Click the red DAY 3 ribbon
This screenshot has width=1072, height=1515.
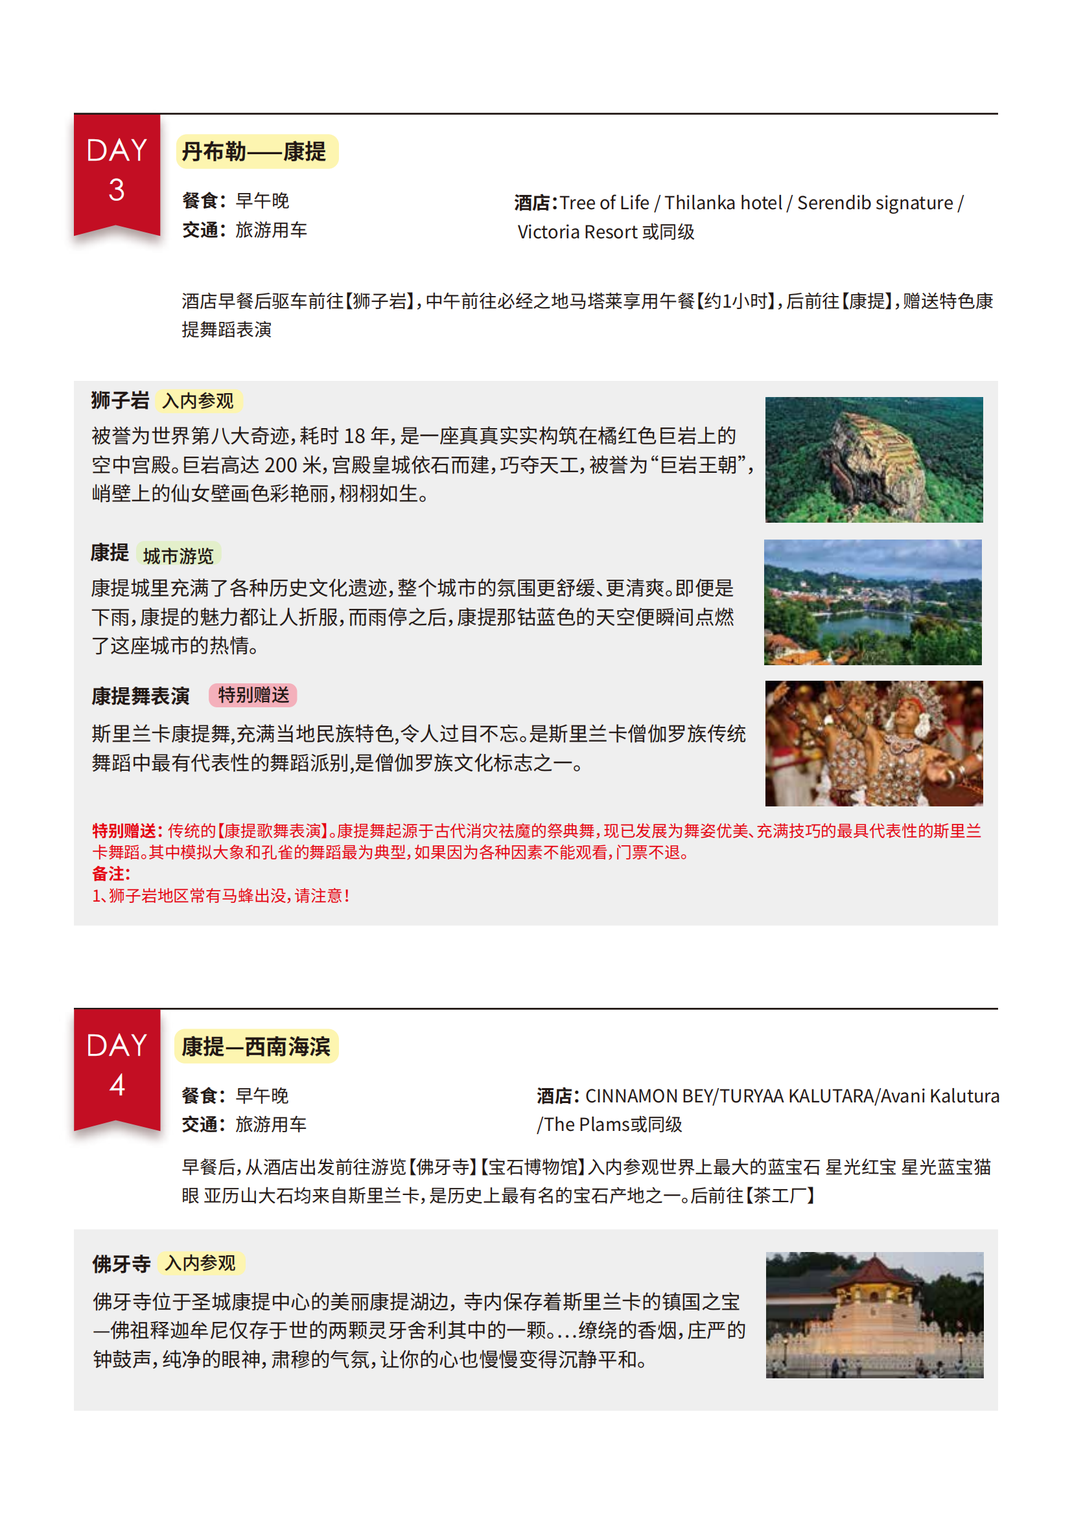117,173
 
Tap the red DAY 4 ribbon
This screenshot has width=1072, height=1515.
117,1067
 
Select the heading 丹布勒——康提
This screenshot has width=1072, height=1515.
254,152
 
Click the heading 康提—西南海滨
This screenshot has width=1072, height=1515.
256,1047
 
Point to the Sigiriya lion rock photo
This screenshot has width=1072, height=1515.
873,459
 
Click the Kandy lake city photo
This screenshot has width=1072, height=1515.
872,602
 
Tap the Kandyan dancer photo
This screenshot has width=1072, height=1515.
873,743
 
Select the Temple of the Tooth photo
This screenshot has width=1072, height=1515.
874,1314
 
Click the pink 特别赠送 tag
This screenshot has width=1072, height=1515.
253,695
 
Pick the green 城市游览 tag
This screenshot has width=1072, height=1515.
178,556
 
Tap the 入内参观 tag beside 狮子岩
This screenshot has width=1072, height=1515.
198,400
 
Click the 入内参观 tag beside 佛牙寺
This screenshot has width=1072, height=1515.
201,1263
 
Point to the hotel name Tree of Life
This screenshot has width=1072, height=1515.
604,203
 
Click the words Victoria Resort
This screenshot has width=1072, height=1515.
577,233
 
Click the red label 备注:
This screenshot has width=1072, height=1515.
111,874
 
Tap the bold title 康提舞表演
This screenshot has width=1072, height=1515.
141,696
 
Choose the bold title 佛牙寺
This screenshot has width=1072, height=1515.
121,1264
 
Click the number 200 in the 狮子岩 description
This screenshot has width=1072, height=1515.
281,465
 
